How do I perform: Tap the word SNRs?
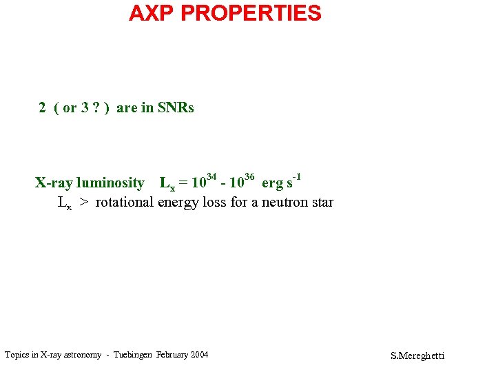tap(176, 107)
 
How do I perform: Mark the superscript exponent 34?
tap(212, 178)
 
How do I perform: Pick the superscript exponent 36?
tap(249, 178)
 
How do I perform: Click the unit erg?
tap(272, 184)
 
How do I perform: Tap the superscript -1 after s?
tap(297, 177)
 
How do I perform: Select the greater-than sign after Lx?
tap(83, 203)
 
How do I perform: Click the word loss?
tap(212, 203)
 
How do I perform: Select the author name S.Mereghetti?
tap(417, 355)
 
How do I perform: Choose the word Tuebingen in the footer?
tap(130, 355)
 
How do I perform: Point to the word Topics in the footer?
tap(17, 355)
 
